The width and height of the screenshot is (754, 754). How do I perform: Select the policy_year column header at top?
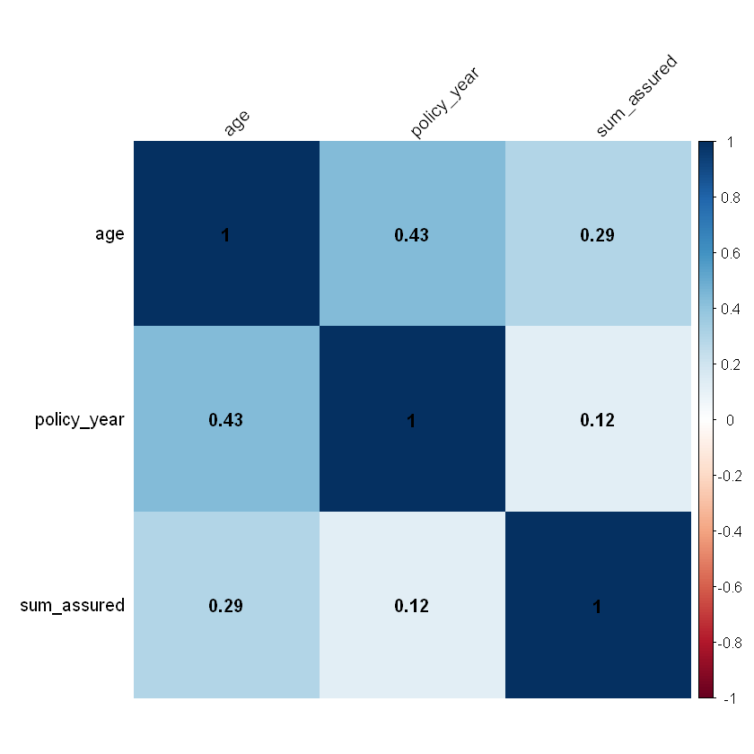click(x=445, y=106)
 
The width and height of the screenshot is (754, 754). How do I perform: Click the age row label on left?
click(x=110, y=235)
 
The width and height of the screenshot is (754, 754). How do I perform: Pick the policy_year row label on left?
click(x=79, y=420)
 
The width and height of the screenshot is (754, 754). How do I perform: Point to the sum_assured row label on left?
click(x=72, y=606)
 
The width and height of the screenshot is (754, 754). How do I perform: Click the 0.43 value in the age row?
click(x=412, y=236)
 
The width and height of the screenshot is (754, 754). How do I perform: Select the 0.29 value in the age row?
click(x=598, y=236)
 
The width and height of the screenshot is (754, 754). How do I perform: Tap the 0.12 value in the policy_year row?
click(x=598, y=421)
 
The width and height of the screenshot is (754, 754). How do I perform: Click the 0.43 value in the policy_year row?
click(x=226, y=421)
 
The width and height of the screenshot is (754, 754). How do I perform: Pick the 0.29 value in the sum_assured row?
click(x=226, y=606)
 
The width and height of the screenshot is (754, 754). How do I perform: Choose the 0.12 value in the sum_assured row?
click(x=412, y=606)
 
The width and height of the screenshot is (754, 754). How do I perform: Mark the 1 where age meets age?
click(x=226, y=236)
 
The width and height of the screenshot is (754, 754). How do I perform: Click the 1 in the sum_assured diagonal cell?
click(x=598, y=606)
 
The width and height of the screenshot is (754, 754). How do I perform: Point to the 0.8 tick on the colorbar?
click(x=731, y=197)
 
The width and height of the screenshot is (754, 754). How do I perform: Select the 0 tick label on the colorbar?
click(x=730, y=420)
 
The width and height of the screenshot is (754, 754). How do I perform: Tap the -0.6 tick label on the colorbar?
click(x=733, y=587)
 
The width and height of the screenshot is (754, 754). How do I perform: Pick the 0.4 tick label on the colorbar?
click(x=731, y=309)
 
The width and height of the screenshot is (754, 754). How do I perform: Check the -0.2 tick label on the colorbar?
click(x=733, y=476)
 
